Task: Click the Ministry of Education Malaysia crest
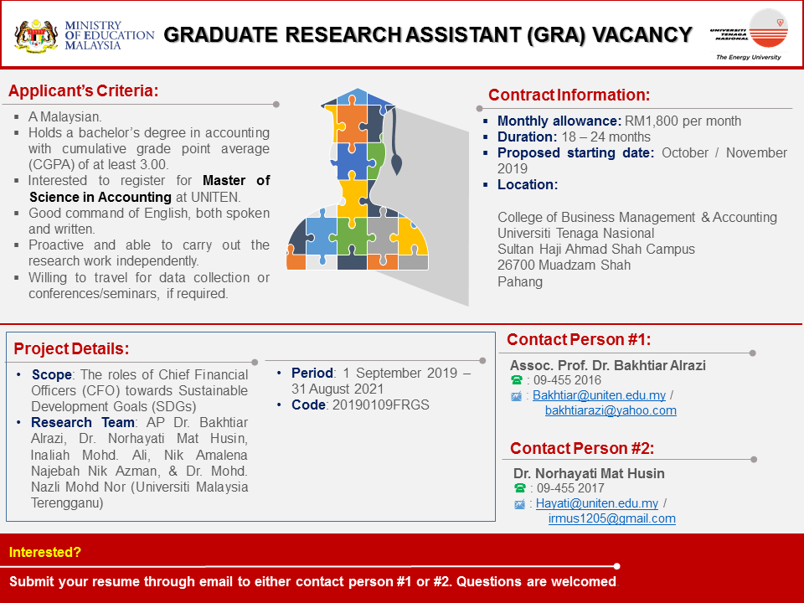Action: (36, 36)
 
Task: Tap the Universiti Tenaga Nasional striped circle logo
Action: (768, 28)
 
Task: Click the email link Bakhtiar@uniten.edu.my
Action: (599, 395)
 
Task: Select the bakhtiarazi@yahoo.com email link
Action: (611, 410)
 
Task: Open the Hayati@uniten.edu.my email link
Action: (597, 503)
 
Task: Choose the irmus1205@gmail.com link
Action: (611, 518)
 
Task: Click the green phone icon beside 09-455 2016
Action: (517, 380)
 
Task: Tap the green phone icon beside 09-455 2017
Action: (519, 488)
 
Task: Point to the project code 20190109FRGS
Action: (380, 405)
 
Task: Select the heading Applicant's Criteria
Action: (84, 90)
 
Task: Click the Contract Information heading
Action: (569, 95)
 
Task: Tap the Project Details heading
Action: (71, 348)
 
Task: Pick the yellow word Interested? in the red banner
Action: (45, 552)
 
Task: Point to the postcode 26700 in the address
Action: (516, 265)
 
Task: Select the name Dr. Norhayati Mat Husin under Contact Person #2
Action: (589, 473)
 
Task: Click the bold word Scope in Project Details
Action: (51, 375)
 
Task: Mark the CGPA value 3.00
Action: (154, 165)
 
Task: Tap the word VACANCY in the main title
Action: (642, 35)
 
